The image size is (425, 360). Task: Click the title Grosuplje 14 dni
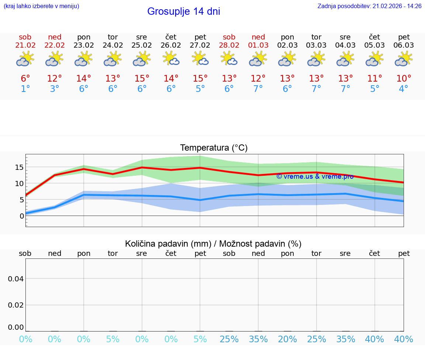(x=183, y=11)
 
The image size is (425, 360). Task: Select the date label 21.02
(x=25, y=45)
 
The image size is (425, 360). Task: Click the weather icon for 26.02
(x=171, y=59)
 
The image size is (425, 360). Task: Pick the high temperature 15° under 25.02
(x=142, y=79)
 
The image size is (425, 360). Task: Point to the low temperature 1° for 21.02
(x=25, y=89)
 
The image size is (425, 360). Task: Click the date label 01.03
(x=258, y=45)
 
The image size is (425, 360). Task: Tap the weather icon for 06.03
(x=404, y=59)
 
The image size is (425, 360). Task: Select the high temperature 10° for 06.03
(x=404, y=79)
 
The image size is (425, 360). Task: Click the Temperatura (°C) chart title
(x=214, y=148)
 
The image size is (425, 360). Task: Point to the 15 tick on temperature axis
(x=19, y=167)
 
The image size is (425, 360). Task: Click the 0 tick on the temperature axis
(x=21, y=216)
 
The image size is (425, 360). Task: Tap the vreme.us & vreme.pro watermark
(x=315, y=176)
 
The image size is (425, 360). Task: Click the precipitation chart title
(x=213, y=244)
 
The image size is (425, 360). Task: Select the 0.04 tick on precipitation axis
(x=16, y=278)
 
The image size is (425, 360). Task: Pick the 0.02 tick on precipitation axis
(x=16, y=305)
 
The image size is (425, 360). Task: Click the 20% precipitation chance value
(x=287, y=339)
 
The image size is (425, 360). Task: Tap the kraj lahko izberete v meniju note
(x=41, y=6)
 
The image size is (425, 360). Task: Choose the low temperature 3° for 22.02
(x=54, y=89)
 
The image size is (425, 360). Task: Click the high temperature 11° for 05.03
(x=374, y=79)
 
